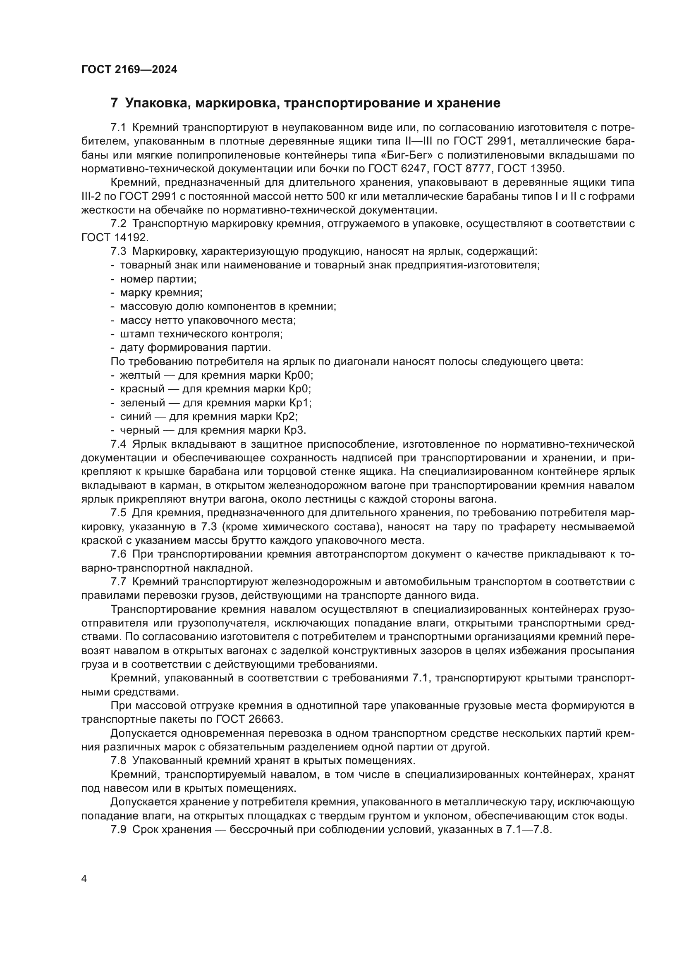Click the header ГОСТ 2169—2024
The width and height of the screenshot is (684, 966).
tap(129, 70)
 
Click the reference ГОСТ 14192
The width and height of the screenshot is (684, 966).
tap(114, 237)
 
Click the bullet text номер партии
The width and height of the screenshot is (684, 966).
tap(158, 279)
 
